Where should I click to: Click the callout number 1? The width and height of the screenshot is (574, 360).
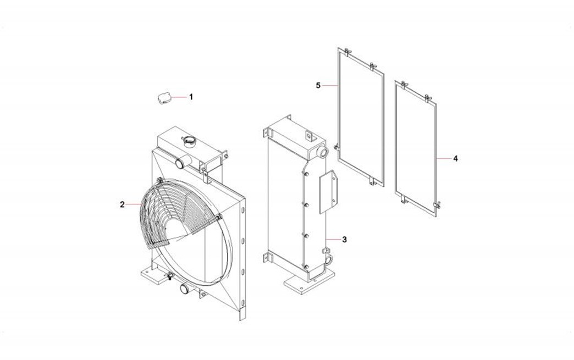191,97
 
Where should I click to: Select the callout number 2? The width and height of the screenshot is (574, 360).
122,204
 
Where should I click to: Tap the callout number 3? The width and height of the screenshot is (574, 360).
344,240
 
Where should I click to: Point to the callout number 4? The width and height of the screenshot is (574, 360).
455,159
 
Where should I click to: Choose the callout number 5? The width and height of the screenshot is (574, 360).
318,86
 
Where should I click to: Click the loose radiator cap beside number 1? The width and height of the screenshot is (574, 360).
164,98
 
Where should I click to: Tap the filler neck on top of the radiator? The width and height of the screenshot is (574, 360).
189,141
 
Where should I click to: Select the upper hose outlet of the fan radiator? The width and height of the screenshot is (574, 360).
182,162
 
